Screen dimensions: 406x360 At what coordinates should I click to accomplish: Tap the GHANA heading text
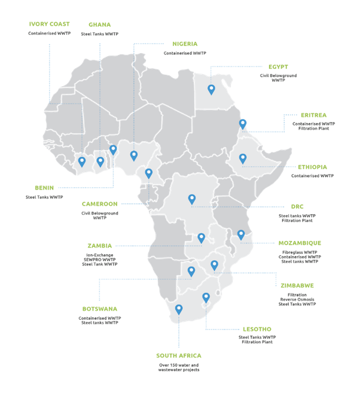[99, 25]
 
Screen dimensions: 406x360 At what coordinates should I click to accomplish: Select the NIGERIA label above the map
[185, 44]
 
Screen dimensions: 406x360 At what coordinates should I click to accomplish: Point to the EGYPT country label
[278, 66]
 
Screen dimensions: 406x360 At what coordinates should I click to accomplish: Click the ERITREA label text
[313, 114]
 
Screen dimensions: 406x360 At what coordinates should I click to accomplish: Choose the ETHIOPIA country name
[312, 167]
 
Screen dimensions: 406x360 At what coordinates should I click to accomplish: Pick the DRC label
[297, 206]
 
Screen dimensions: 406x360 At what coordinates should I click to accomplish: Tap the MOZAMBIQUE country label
[300, 243]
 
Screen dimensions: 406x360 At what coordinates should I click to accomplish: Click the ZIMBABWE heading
[295, 285]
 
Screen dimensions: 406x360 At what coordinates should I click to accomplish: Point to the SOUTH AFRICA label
[179, 355]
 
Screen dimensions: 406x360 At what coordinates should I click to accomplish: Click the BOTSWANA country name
[99, 309]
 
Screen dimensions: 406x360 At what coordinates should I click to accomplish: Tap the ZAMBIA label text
[100, 246]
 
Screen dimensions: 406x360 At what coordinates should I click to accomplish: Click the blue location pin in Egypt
[211, 90]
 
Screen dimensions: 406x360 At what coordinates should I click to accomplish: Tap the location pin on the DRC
[192, 199]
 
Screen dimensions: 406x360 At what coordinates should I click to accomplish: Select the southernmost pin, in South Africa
[178, 310]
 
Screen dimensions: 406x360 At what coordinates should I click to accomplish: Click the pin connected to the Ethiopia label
[243, 158]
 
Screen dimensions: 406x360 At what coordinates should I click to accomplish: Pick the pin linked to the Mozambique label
[241, 234]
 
